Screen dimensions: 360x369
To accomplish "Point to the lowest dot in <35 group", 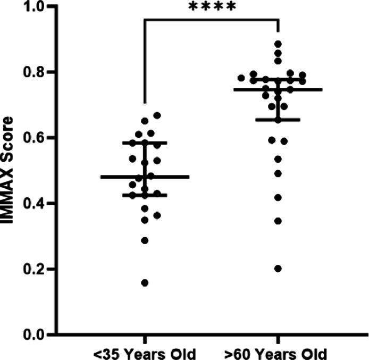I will coord(144,282).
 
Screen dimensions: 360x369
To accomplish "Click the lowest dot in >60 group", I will coord(278,269).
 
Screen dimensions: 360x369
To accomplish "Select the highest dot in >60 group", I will coord(278,44).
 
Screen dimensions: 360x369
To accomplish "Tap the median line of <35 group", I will coord(144,177).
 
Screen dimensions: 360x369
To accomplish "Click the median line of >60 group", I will coord(278,89).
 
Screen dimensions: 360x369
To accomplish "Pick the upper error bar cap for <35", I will coord(144,143).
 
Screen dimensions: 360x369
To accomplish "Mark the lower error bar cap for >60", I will coord(278,120).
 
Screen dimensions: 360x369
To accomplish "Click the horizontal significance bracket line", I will coord(211,20).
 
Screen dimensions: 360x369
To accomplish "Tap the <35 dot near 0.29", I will coord(144,240).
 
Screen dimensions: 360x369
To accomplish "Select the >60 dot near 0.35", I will coord(278,221).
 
